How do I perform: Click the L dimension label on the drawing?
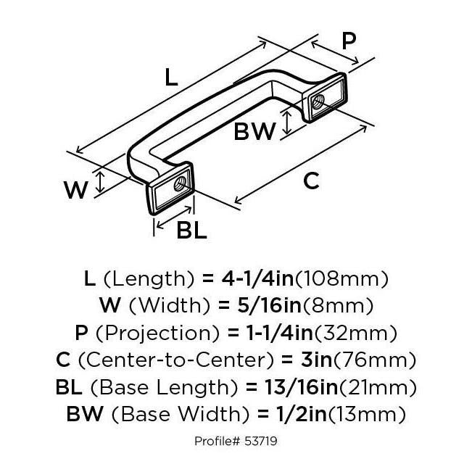point(171,78)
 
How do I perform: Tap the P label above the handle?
point(349,41)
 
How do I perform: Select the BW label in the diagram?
point(254,131)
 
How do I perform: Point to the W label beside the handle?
point(75,190)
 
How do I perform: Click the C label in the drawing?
point(311,181)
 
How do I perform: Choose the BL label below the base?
point(191,230)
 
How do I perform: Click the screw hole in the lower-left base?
point(180,184)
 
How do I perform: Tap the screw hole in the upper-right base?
point(318,102)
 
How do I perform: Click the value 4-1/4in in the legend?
point(257,278)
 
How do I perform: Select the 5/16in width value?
point(269,305)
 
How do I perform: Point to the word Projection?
point(157,334)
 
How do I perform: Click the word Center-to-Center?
point(176,360)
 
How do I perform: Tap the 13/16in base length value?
point(302,387)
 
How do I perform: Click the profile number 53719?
point(261,442)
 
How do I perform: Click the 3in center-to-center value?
point(316,360)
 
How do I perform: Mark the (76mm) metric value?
point(375,360)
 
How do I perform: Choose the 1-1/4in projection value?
point(280,333)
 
